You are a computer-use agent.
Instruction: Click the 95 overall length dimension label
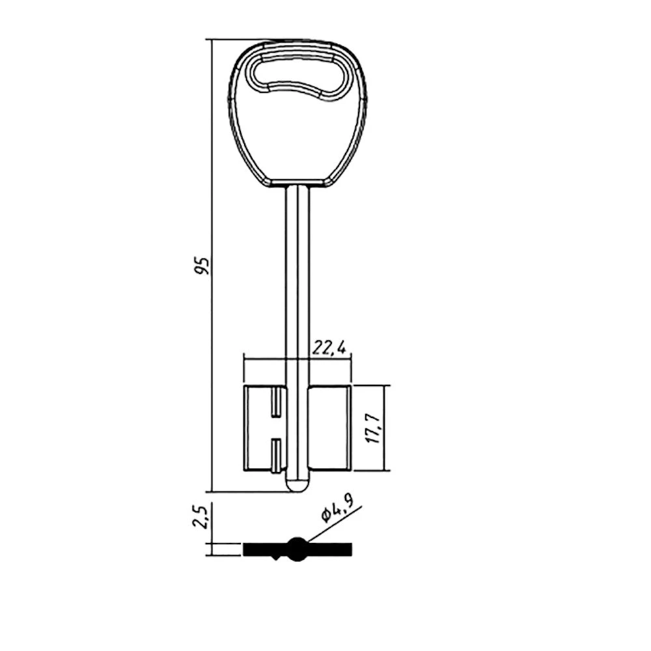[x=203, y=266]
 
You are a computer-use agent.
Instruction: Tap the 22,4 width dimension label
[x=329, y=348]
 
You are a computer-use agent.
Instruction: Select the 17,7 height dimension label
[x=374, y=428]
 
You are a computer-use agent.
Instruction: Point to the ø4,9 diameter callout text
[x=338, y=510]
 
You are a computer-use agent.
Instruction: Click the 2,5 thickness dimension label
[x=200, y=516]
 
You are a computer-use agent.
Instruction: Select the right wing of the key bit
[x=330, y=428]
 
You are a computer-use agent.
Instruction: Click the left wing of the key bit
[x=265, y=428]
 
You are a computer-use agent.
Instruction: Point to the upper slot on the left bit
[x=276, y=403]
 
